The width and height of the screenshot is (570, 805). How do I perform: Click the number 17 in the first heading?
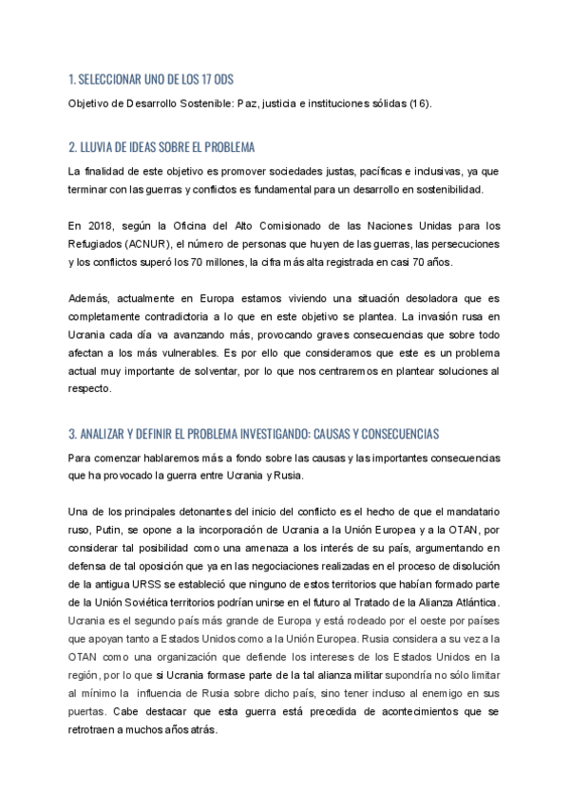coord(220,81)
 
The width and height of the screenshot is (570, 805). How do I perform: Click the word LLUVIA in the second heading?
coord(98,148)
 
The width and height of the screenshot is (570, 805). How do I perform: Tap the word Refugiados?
coord(98,244)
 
